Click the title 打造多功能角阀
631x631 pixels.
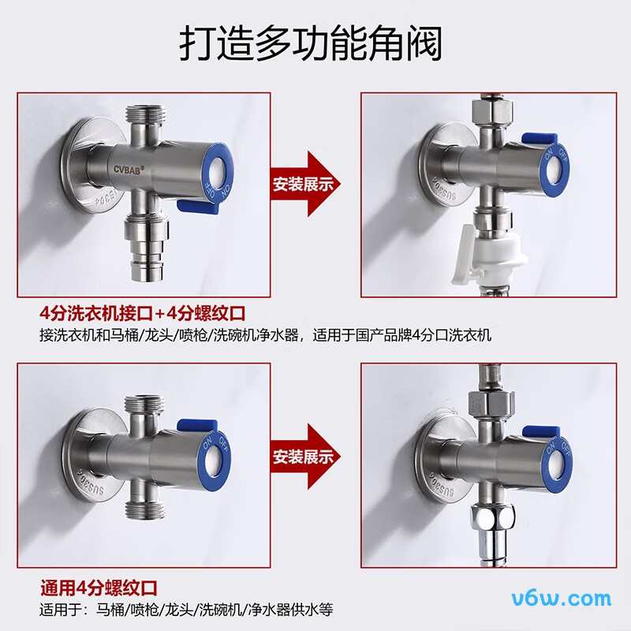tap(310, 43)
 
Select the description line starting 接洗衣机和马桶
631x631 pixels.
tap(265, 334)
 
